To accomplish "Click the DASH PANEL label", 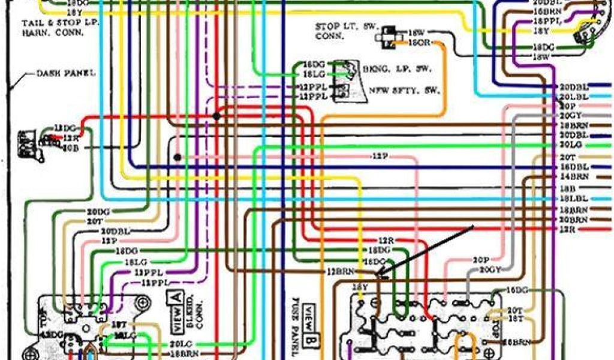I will [x=66, y=73].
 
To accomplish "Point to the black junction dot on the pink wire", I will [x=177, y=157].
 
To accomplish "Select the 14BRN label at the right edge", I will [x=574, y=177].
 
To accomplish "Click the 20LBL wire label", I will [x=573, y=97].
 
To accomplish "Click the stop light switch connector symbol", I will [x=386, y=36].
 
